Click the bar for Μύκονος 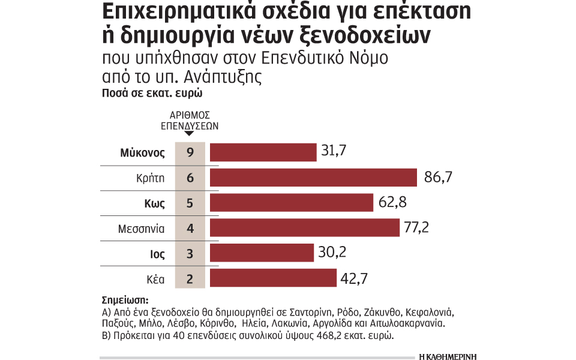click(x=263, y=152)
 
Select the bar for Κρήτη click(x=313, y=178)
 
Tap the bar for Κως click(x=291, y=203)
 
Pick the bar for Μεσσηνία click(x=304, y=228)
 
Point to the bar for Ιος click(x=261, y=253)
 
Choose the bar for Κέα click(x=272, y=278)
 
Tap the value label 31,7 click(x=335, y=151)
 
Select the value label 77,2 click(x=418, y=228)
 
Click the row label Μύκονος click(x=142, y=152)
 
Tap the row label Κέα click(x=154, y=278)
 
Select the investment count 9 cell click(x=190, y=152)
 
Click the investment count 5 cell click(x=190, y=203)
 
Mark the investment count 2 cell click(x=190, y=278)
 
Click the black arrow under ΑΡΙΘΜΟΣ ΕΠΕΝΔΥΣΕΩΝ click(x=189, y=133)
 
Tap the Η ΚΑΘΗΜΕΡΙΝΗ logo click(x=448, y=355)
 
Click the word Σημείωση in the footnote click(x=125, y=300)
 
